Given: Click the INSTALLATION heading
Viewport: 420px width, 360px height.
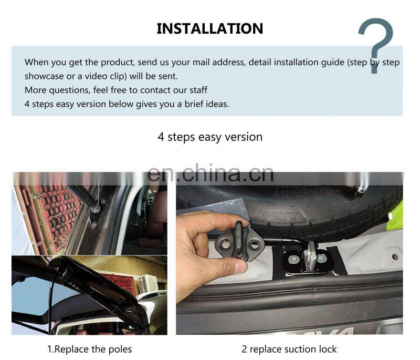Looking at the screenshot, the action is pos(209,29).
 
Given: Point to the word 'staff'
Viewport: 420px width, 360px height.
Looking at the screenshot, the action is pos(198,90).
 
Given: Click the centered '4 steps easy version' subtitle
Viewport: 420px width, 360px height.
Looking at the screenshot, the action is pos(210,137).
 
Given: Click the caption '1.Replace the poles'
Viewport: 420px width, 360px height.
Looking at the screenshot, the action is pos(89,349).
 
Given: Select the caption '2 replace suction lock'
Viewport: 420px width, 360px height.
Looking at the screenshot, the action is pos(289,349).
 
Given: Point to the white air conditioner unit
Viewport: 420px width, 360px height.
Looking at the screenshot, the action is pos(148,284).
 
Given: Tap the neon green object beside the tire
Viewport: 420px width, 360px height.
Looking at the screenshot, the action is pos(395,216).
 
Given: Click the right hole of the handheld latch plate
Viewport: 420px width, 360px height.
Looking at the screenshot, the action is pos(254,244).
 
